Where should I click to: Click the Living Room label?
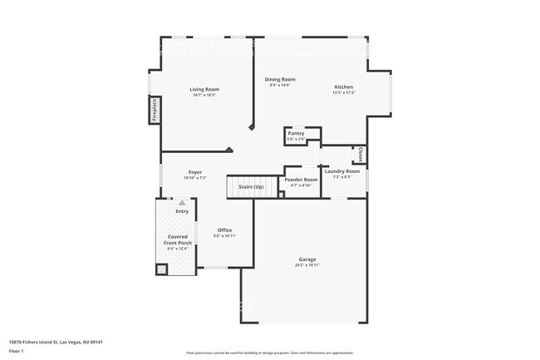click(204, 89)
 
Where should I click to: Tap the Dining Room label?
click(282, 79)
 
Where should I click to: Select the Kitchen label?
click(343, 86)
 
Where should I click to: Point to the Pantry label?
click(295, 133)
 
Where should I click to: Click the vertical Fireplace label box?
click(155, 110)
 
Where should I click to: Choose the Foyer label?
click(194, 172)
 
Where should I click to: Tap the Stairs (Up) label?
click(251, 187)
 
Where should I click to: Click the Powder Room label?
click(301, 180)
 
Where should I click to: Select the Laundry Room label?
click(341, 171)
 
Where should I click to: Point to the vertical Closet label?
click(360, 155)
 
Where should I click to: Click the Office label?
click(224, 229)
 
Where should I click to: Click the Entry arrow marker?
click(181, 202)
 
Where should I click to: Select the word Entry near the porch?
click(181, 211)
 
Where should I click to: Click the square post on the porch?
click(162, 269)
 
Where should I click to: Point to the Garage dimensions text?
click(307, 265)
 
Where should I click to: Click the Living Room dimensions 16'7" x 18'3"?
click(204, 95)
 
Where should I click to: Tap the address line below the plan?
click(55, 342)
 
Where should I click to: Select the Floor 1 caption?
click(17, 351)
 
